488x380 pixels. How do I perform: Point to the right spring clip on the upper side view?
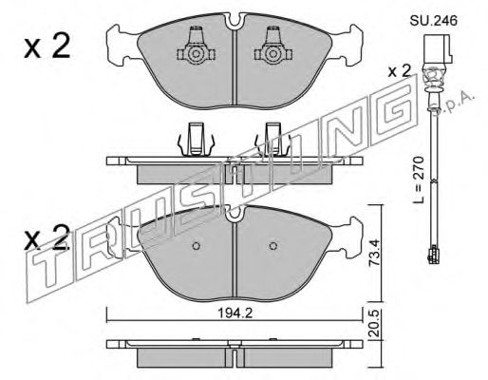(x=268, y=140)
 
